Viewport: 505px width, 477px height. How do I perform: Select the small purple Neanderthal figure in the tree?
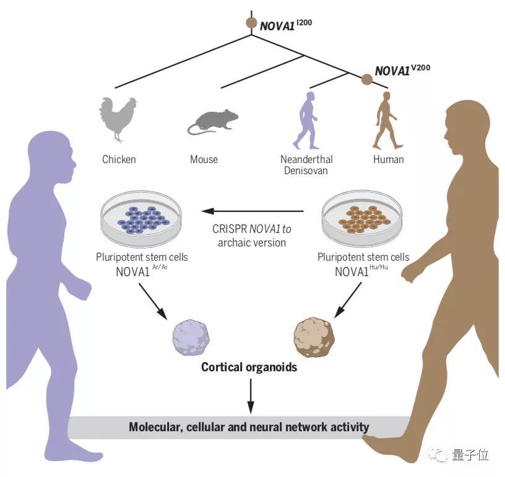point(306,120)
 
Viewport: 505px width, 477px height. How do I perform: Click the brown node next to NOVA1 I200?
point(251,23)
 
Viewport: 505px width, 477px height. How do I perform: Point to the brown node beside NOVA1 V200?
point(366,79)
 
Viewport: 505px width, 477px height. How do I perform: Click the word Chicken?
point(119,159)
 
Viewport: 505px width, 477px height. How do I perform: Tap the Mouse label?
point(204,159)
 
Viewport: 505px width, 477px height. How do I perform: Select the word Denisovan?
point(306,171)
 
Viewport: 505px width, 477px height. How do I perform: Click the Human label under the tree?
point(389,159)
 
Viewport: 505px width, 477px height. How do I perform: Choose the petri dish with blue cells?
point(141,219)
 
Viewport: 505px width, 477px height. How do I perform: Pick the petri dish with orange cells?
point(362,219)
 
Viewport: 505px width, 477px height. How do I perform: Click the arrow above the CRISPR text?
point(252,211)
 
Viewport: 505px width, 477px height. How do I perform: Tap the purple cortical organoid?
point(191,337)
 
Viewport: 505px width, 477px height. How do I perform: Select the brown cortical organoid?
point(314,337)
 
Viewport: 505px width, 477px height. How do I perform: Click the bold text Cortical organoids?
point(249,367)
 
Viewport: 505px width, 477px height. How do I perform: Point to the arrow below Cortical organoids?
point(251,396)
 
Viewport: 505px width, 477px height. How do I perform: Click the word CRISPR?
point(230,229)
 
